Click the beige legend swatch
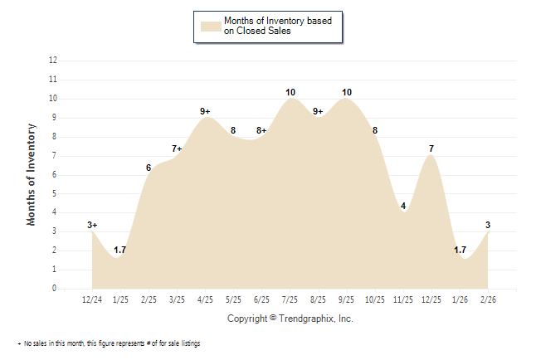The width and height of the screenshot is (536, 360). [211, 26]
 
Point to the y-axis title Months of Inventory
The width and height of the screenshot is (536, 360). [32, 174]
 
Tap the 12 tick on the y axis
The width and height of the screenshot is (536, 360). [53, 61]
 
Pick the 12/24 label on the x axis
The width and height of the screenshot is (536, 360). [93, 299]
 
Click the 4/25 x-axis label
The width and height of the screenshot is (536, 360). [205, 299]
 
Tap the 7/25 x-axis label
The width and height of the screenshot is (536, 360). [290, 299]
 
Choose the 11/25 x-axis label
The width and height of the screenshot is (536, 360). [403, 299]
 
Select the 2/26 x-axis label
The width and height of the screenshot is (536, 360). [488, 299]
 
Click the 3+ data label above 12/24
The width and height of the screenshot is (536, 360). [93, 225]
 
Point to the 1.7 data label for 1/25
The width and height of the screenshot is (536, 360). [120, 250]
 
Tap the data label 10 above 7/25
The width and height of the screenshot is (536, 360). [290, 92]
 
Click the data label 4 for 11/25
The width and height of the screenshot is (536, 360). [403, 206]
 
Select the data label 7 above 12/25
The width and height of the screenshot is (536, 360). [431, 148]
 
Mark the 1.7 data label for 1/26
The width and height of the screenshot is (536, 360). [460, 250]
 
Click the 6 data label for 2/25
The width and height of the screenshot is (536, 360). [149, 168]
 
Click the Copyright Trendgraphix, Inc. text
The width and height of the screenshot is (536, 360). [290, 319]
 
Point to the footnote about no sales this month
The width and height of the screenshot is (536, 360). [110, 343]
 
